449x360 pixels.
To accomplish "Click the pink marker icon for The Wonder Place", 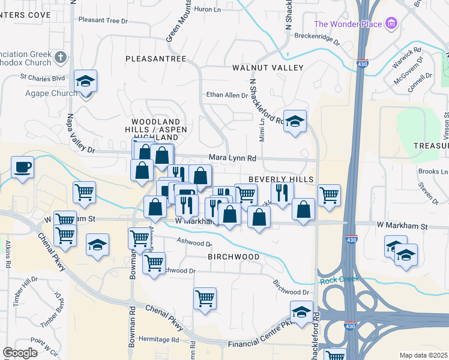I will click(x=392, y=24).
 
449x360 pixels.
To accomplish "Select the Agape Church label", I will click(x=51, y=93).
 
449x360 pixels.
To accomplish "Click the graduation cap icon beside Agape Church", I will click(x=86, y=81).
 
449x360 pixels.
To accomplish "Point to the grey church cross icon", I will click(x=60, y=57).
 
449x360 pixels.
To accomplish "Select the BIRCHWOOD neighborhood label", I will click(x=234, y=256).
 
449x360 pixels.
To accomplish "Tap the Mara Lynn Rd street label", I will click(x=233, y=158).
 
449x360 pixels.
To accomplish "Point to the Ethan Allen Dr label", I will click(x=227, y=95).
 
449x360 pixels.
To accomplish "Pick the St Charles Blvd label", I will click(x=42, y=77).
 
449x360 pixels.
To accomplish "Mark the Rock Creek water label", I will click(x=339, y=279).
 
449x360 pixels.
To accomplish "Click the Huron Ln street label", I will click(x=209, y=9).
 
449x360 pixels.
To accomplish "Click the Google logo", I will click(x=20, y=353).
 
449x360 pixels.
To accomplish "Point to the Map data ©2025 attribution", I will click(x=423, y=355).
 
